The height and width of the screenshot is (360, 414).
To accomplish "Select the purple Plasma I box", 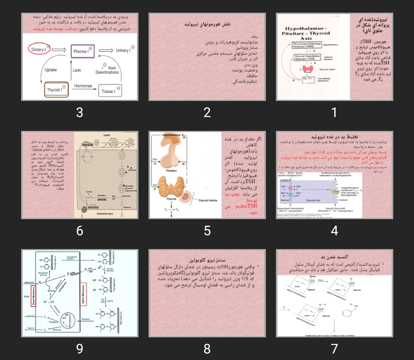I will [82, 51].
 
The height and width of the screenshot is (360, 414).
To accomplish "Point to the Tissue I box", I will [110, 91].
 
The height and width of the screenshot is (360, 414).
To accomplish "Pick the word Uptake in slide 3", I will [51, 70].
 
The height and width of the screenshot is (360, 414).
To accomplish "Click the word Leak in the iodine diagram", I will [77, 70].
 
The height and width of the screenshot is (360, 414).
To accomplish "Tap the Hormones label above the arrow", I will [83, 86].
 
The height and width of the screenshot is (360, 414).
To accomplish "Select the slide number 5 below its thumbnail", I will [207, 230].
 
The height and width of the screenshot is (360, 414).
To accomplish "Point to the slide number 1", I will [334, 112].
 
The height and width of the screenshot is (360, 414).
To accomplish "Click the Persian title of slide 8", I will [207, 260].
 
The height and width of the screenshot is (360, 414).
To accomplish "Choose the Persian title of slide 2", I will [207, 24].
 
